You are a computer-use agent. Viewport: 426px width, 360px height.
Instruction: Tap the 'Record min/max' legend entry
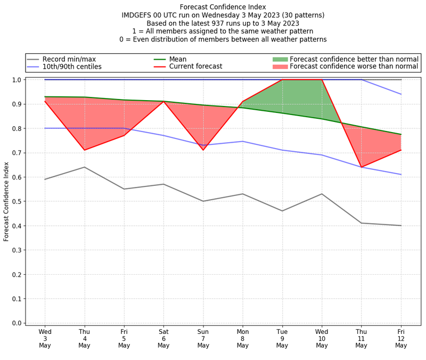coord(69,59)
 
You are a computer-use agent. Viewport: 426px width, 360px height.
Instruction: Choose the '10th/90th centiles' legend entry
coord(72,67)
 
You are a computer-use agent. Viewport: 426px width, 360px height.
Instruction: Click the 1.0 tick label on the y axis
coord(16,80)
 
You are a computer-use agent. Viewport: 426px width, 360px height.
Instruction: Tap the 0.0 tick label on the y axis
coord(16,323)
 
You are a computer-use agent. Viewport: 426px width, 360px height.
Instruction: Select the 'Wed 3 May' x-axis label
coord(45,338)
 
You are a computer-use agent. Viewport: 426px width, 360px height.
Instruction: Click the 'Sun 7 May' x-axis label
coord(203,338)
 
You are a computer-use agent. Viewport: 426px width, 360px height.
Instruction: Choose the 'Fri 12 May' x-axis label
coord(400,338)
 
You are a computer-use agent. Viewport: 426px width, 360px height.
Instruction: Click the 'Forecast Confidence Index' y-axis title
coord(6,201)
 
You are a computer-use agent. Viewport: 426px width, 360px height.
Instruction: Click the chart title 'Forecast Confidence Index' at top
coord(223,7)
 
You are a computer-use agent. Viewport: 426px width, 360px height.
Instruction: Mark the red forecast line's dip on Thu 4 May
coord(85,150)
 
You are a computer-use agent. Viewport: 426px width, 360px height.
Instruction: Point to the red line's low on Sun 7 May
coord(203,150)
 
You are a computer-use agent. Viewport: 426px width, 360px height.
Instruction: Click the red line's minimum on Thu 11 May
coord(361,167)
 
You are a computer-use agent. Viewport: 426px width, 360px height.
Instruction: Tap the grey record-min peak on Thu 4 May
coord(85,167)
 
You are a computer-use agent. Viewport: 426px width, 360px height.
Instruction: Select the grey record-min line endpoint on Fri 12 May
coord(400,225)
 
